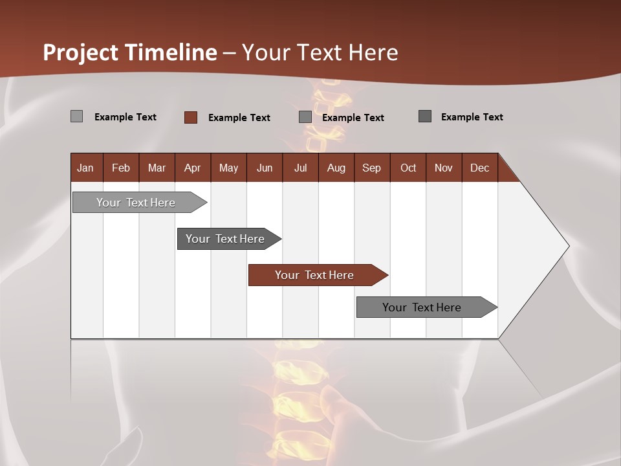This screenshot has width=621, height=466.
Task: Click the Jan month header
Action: (x=85, y=168)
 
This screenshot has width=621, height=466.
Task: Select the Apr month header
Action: (x=192, y=168)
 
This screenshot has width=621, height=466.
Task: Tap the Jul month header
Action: (x=300, y=168)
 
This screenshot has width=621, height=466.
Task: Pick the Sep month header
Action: (x=371, y=168)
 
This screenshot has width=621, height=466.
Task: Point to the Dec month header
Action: (x=479, y=168)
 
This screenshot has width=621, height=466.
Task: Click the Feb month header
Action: (x=121, y=168)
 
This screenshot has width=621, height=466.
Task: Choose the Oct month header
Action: (x=408, y=168)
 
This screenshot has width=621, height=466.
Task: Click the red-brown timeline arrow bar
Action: (x=317, y=275)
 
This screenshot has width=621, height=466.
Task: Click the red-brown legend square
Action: (x=191, y=117)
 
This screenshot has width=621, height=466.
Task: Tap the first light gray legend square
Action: (x=77, y=116)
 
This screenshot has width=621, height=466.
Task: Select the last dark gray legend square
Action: (x=425, y=116)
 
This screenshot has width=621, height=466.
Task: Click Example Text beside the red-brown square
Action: (x=239, y=118)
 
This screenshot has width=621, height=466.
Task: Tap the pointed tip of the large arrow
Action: (x=568, y=246)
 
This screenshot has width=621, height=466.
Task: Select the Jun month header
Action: (x=265, y=168)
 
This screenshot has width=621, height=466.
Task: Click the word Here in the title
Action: (x=373, y=52)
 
